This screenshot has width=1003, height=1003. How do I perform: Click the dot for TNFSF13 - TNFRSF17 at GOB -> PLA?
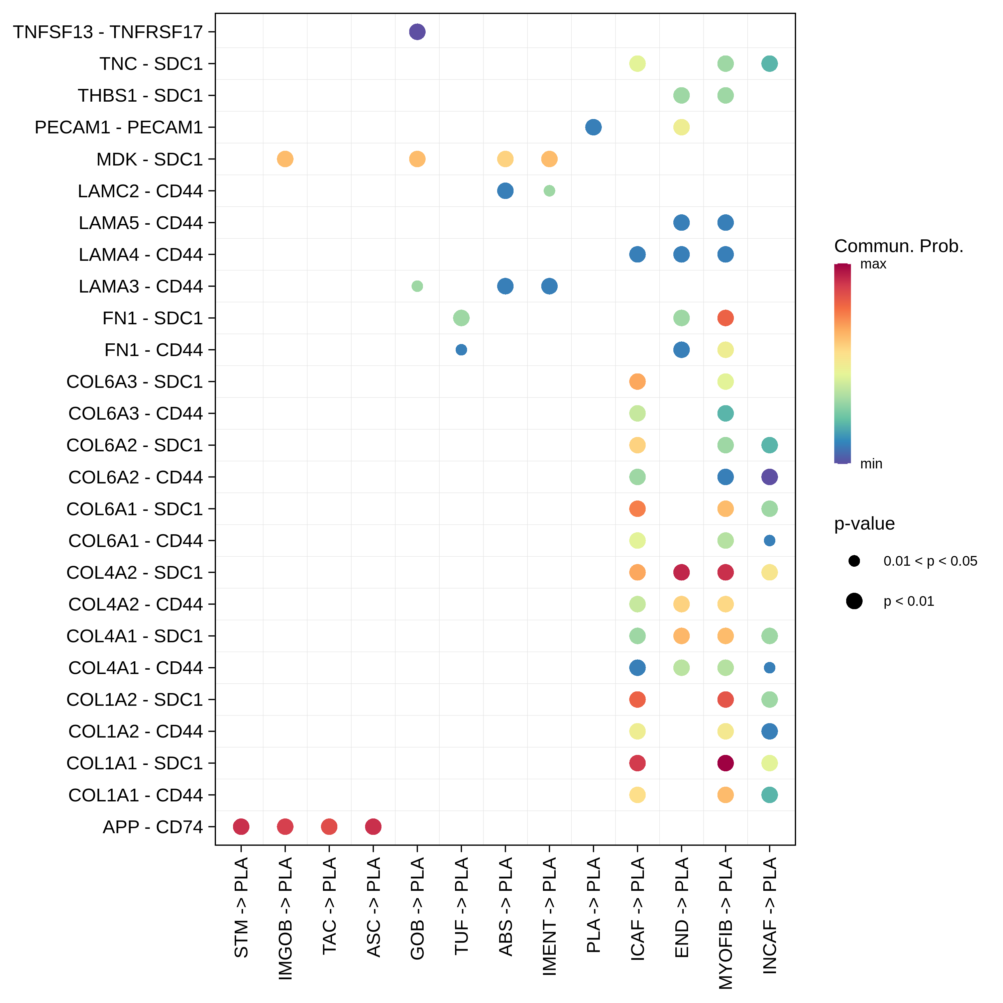click(417, 32)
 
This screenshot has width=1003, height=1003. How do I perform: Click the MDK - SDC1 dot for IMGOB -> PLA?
click(285, 159)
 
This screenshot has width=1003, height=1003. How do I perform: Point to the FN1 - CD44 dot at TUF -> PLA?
click(461, 350)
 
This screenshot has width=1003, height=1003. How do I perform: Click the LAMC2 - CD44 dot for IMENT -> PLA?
click(549, 191)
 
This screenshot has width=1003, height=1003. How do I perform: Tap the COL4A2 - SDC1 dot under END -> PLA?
click(681, 572)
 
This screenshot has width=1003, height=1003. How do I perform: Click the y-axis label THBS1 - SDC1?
click(140, 96)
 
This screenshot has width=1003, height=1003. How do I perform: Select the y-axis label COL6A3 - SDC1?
click(134, 381)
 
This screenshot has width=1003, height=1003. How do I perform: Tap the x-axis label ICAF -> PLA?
click(638, 908)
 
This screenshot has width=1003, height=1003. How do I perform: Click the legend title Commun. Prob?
click(898, 246)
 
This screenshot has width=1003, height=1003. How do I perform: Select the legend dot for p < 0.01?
click(854, 601)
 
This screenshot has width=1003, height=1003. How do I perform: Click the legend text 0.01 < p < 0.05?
click(930, 561)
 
